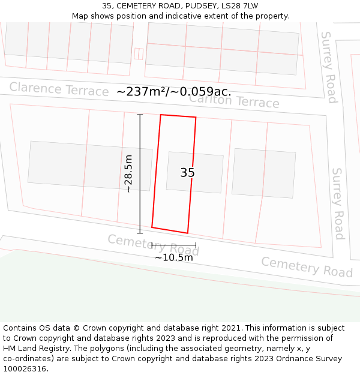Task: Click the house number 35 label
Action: [x=187, y=173]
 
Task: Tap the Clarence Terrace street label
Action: [x=59, y=89]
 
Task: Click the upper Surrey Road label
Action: [x=329, y=67]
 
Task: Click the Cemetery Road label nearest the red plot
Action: [x=153, y=244]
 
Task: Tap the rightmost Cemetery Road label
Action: [x=307, y=267]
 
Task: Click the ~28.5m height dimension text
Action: [x=128, y=173]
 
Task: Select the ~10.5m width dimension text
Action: [x=174, y=257]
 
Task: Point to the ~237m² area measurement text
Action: [x=173, y=92]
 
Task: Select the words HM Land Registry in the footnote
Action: [x=35, y=349]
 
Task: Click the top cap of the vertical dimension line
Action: [x=140, y=115]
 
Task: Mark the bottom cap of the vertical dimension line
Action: [x=140, y=233]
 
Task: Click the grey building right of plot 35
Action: [x=263, y=173]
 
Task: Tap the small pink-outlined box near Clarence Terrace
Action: [x=139, y=54]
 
